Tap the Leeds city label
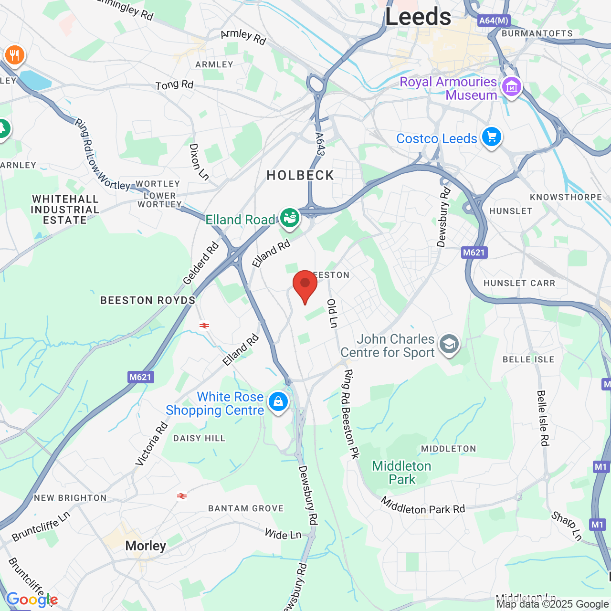click(418, 17)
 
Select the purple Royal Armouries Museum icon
click(511, 87)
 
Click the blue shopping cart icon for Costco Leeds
click(491, 137)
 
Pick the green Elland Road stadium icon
click(289, 218)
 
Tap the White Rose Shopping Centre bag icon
click(278, 402)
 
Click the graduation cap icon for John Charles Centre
click(449, 344)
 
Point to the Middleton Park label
click(401, 473)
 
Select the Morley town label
click(146, 546)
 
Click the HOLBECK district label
click(300, 176)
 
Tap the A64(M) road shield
click(494, 21)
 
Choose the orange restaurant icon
click(15, 55)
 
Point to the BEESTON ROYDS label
click(148, 300)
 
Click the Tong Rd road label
click(174, 85)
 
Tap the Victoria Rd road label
click(151, 443)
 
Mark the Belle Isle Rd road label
click(543, 418)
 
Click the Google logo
click(32, 600)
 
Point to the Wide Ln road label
click(283, 534)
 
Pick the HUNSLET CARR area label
click(519, 283)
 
